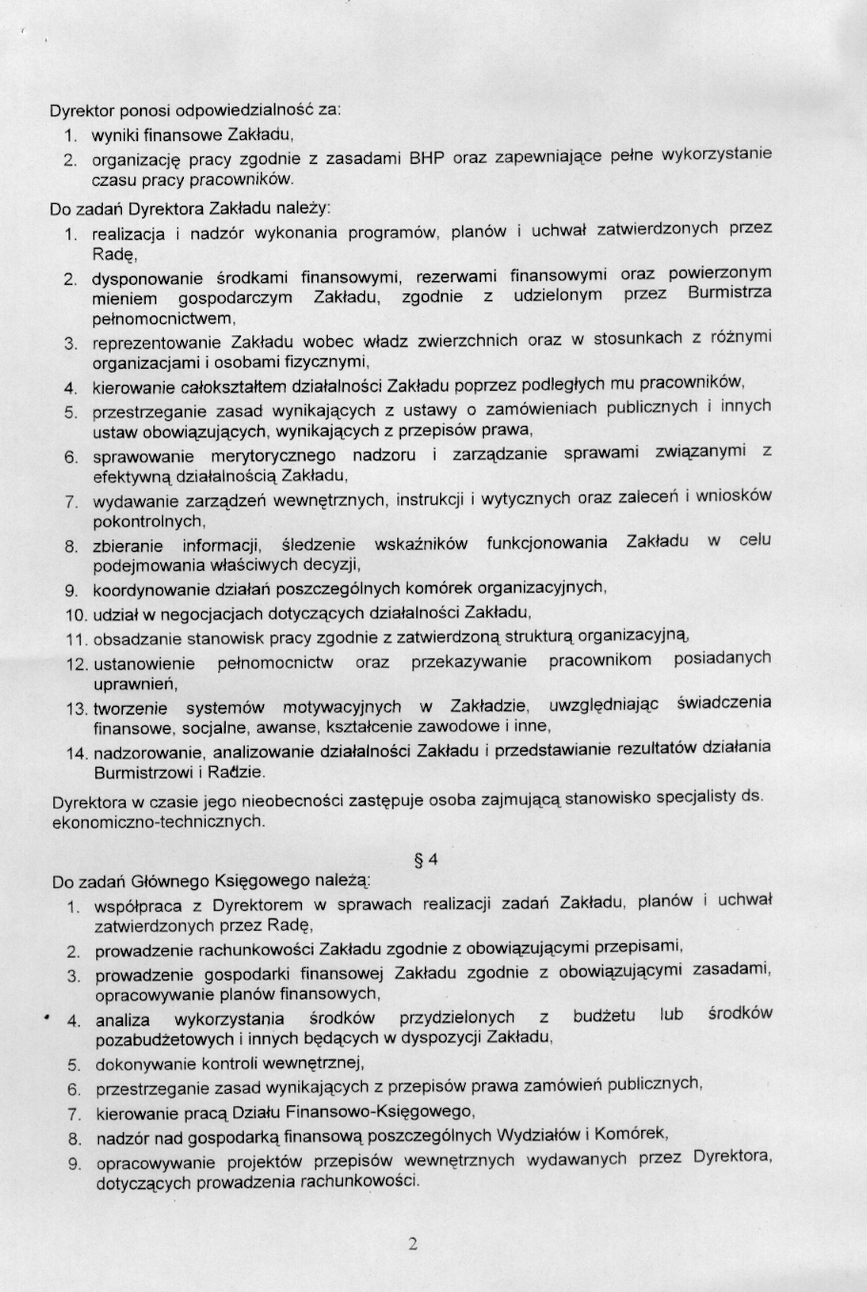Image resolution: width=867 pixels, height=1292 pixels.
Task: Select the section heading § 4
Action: [x=427, y=859]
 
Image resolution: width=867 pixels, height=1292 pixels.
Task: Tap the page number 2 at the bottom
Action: [x=413, y=1242]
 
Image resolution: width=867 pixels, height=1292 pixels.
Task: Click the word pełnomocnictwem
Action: [x=163, y=319]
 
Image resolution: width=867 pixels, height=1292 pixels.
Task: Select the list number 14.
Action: [x=76, y=753]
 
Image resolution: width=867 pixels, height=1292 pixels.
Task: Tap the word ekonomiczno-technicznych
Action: [x=158, y=820]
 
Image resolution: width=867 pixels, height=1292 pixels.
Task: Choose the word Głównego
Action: [x=170, y=882]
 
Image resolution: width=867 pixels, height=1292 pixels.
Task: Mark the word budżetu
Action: [x=604, y=1016]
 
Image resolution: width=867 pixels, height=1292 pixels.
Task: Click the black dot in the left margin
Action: [x=46, y=1018]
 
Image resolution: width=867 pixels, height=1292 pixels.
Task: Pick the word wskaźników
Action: [x=421, y=544]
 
